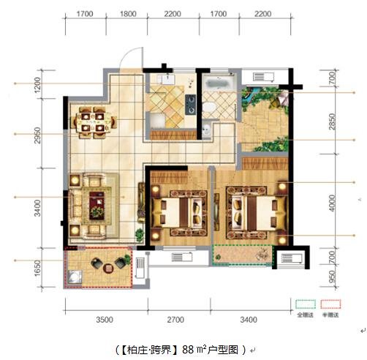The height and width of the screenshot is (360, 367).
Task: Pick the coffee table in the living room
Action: point(96,204)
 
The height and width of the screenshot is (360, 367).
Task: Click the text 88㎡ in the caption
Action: point(193,349)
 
